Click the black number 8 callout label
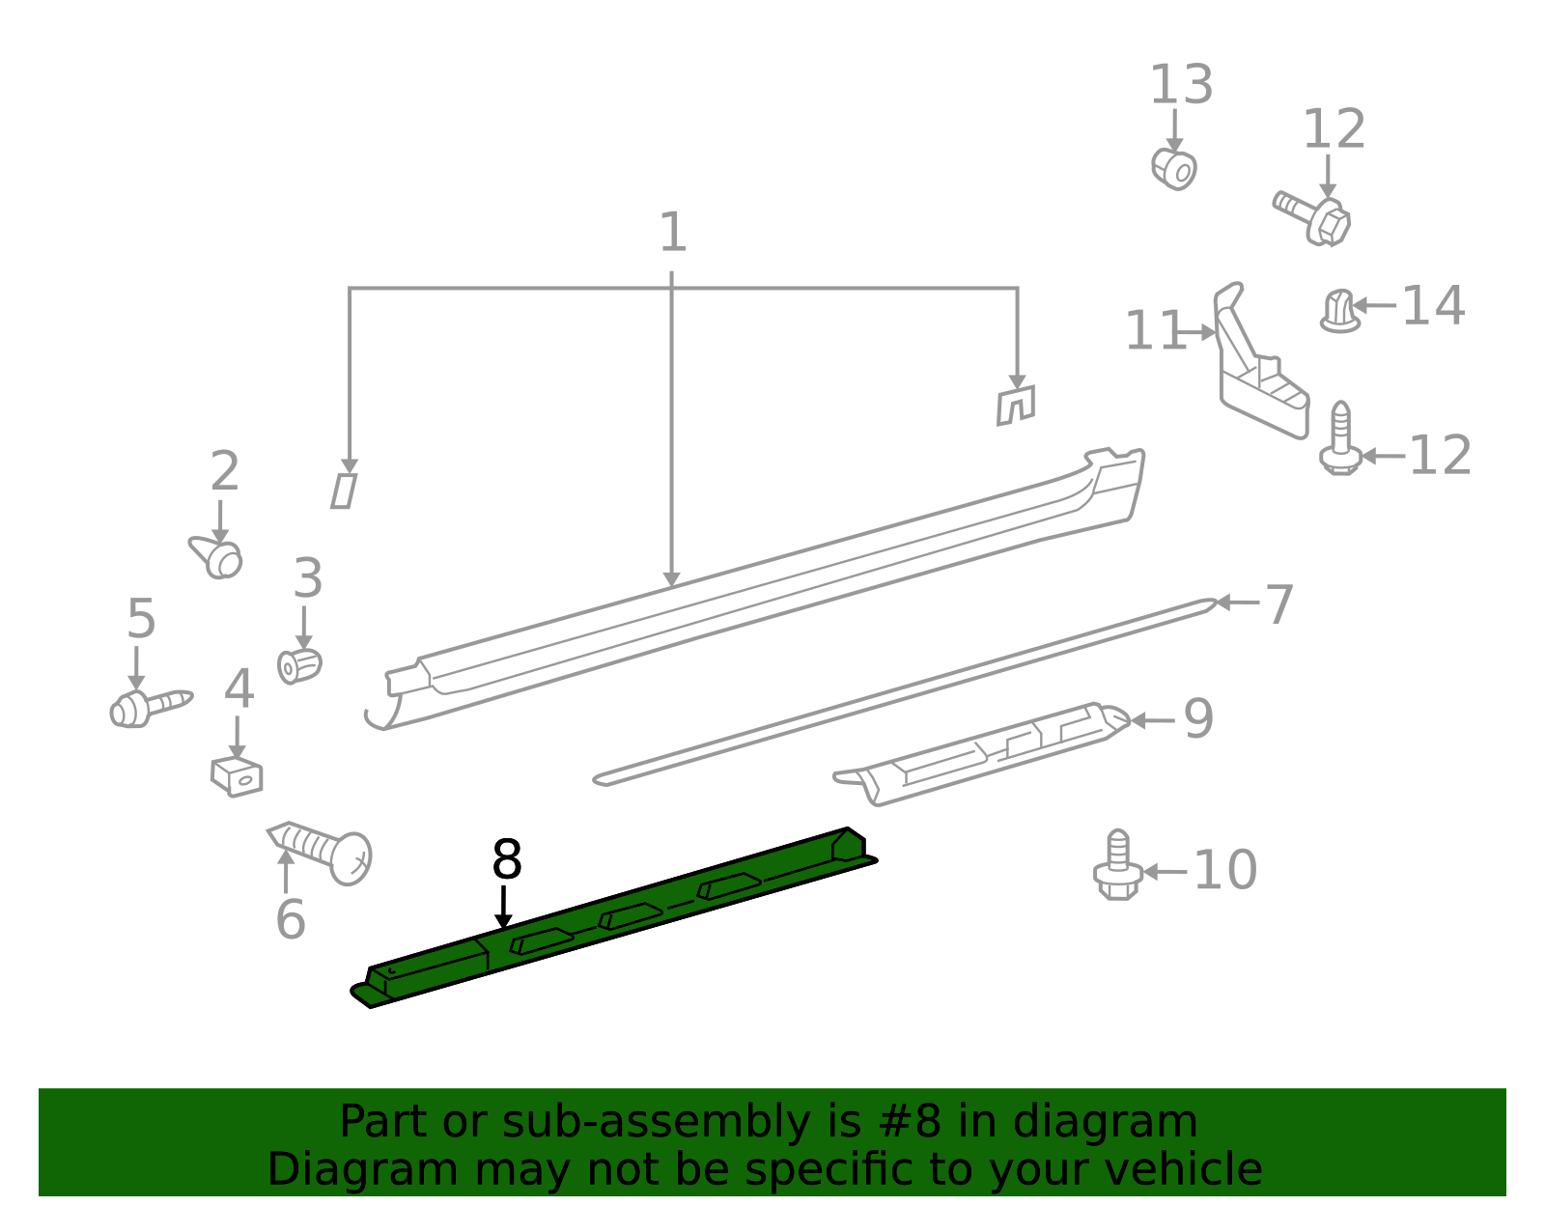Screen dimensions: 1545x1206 tap(507, 859)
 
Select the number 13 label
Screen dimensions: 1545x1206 tap(1181, 85)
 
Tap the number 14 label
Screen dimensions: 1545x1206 tap(1433, 305)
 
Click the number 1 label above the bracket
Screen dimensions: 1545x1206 tap(673, 232)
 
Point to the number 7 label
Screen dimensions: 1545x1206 tap(1279, 604)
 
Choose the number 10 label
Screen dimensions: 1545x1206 tap(1225, 870)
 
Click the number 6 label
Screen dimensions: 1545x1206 tap(290, 919)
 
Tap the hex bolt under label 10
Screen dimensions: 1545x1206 tap(1117, 865)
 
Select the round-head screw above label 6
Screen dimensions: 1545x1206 tap(320, 852)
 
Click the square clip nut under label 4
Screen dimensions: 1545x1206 tap(237, 776)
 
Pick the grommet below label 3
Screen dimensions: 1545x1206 tap(299, 666)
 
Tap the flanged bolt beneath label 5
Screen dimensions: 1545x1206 tap(151, 709)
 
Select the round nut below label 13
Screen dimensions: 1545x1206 tap(1174, 170)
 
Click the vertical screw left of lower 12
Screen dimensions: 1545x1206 tap(1340, 438)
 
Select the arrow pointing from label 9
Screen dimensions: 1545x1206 tap(1153, 720)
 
